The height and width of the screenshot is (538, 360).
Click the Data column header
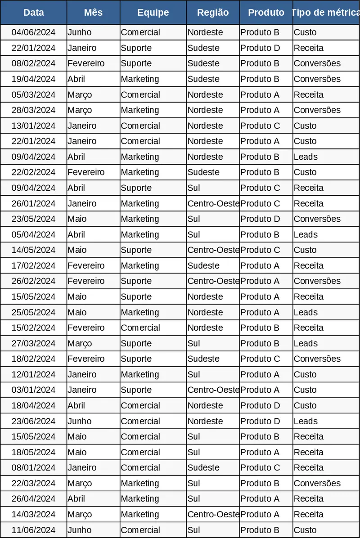pyautogui.click(x=33, y=13)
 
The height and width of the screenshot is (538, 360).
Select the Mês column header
pyautogui.click(x=93, y=13)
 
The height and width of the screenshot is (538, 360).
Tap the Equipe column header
pyautogui.click(x=153, y=13)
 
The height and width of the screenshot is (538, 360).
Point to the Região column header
pyautogui.click(x=213, y=13)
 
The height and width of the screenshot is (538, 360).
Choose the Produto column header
pyautogui.click(x=266, y=13)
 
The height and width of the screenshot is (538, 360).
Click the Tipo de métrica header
pyautogui.click(x=326, y=13)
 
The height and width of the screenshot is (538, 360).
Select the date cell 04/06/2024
pyautogui.click(x=33, y=32)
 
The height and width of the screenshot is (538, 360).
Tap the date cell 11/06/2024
pyautogui.click(x=33, y=530)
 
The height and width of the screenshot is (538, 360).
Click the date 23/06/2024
pyautogui.click(x=33, y=421)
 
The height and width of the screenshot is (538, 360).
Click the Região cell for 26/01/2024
pyautogui.click(x=213, y=203)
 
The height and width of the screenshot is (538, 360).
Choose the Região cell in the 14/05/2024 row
pyautogui.click(x=213, y=250)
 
